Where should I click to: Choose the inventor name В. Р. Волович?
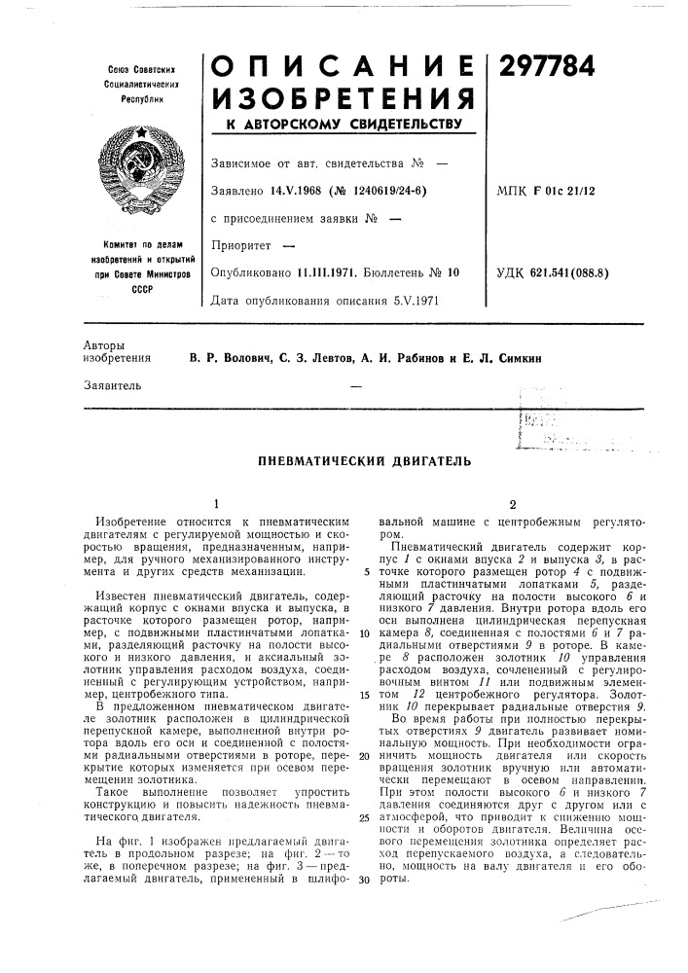(x=228, y=358)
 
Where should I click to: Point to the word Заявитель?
(x=113, y=385)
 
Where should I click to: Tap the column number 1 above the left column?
(x=215, y=504)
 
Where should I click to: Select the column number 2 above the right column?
(x=512, y=504)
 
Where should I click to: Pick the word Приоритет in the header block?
(x=239, y=245)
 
